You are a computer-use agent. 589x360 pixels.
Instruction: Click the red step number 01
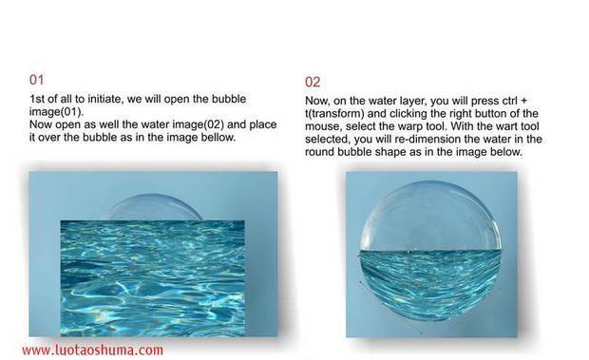coord(36,80)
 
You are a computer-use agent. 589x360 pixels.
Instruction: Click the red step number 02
coord(313,82)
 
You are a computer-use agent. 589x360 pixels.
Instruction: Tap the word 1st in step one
coord(37,99)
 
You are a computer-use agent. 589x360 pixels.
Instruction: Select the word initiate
coord(105,99)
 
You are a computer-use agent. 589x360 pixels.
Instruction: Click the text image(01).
coord(56,112)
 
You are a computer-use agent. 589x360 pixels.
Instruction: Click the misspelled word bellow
coord(218,137)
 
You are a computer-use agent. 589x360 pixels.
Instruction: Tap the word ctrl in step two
coord(511,101)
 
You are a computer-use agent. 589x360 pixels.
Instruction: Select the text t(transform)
coord(334,113)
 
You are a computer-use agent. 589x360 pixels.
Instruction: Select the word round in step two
coord(319,152)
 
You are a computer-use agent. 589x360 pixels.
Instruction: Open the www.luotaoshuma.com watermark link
coord(92,351)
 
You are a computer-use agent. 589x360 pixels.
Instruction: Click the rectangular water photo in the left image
coord(153,277)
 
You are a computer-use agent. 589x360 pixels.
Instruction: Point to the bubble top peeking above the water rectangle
coord(153,207)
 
